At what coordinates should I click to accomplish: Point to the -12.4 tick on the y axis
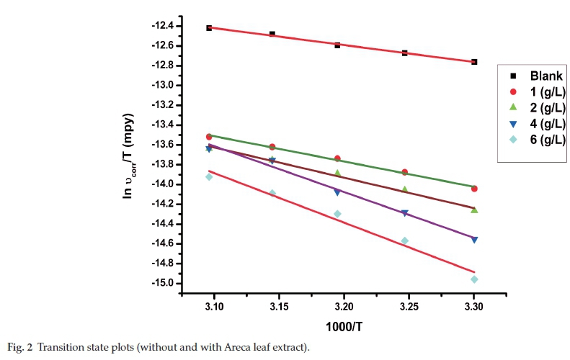coord(164,26)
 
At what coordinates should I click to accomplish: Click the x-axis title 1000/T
coord(343,325)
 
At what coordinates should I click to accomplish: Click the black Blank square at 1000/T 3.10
coord(209,28)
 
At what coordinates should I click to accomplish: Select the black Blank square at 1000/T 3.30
coord(474,62)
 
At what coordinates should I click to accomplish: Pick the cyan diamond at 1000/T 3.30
coord(474,279)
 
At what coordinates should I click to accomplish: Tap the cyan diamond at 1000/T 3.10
coord(209,176)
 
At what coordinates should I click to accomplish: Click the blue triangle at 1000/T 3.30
coord(474,240)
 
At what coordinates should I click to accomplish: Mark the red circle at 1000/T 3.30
coord(474,189)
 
